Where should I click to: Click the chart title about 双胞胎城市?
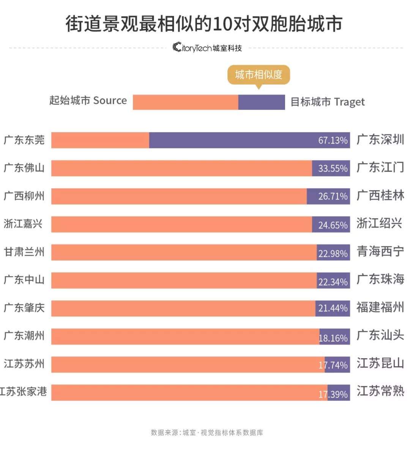pos(204,24)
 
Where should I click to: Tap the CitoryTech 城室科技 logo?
pos(207,48)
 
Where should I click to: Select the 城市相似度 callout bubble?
pos(259,75)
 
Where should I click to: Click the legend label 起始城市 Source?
pos(88,101)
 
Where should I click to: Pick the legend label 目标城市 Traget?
pos(327,102)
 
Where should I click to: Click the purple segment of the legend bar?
pos(262,102)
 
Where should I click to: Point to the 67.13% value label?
pos(333,140)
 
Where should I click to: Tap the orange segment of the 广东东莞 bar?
pos(100,140)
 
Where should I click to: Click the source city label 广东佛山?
pos(24,168)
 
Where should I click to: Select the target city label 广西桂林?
pos(380,195)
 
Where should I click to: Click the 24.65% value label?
pos(333,225)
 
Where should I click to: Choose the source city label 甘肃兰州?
pos(24,252)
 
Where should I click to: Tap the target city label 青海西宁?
pos(380,251)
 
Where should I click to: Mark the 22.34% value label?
pos(333,282)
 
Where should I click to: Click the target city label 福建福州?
pos(380,307)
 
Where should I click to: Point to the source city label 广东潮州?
pos(24,335)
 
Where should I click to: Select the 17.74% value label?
pos(333,365)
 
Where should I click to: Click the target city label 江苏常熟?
pos(380,391)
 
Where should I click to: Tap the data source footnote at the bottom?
pos(207,432)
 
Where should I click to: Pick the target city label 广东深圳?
pos(380,140)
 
